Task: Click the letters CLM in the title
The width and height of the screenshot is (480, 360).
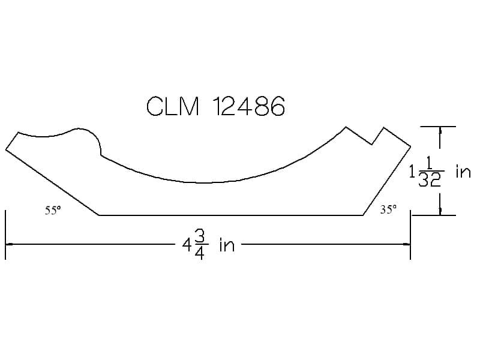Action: [173, 106]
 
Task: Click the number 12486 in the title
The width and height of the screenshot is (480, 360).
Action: [248, 106]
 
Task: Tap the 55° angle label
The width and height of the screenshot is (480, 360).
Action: [53, 211]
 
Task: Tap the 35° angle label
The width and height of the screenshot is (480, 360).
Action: [388, 209]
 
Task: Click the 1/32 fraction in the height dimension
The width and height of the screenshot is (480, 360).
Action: [430, 172]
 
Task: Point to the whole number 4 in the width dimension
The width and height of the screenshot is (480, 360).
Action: [187, 245]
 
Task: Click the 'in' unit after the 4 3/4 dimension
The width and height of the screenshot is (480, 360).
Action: [227, 245]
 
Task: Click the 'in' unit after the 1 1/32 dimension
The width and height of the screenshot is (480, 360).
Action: [463, 172]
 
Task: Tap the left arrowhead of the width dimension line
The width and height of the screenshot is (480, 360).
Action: [9, 244]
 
